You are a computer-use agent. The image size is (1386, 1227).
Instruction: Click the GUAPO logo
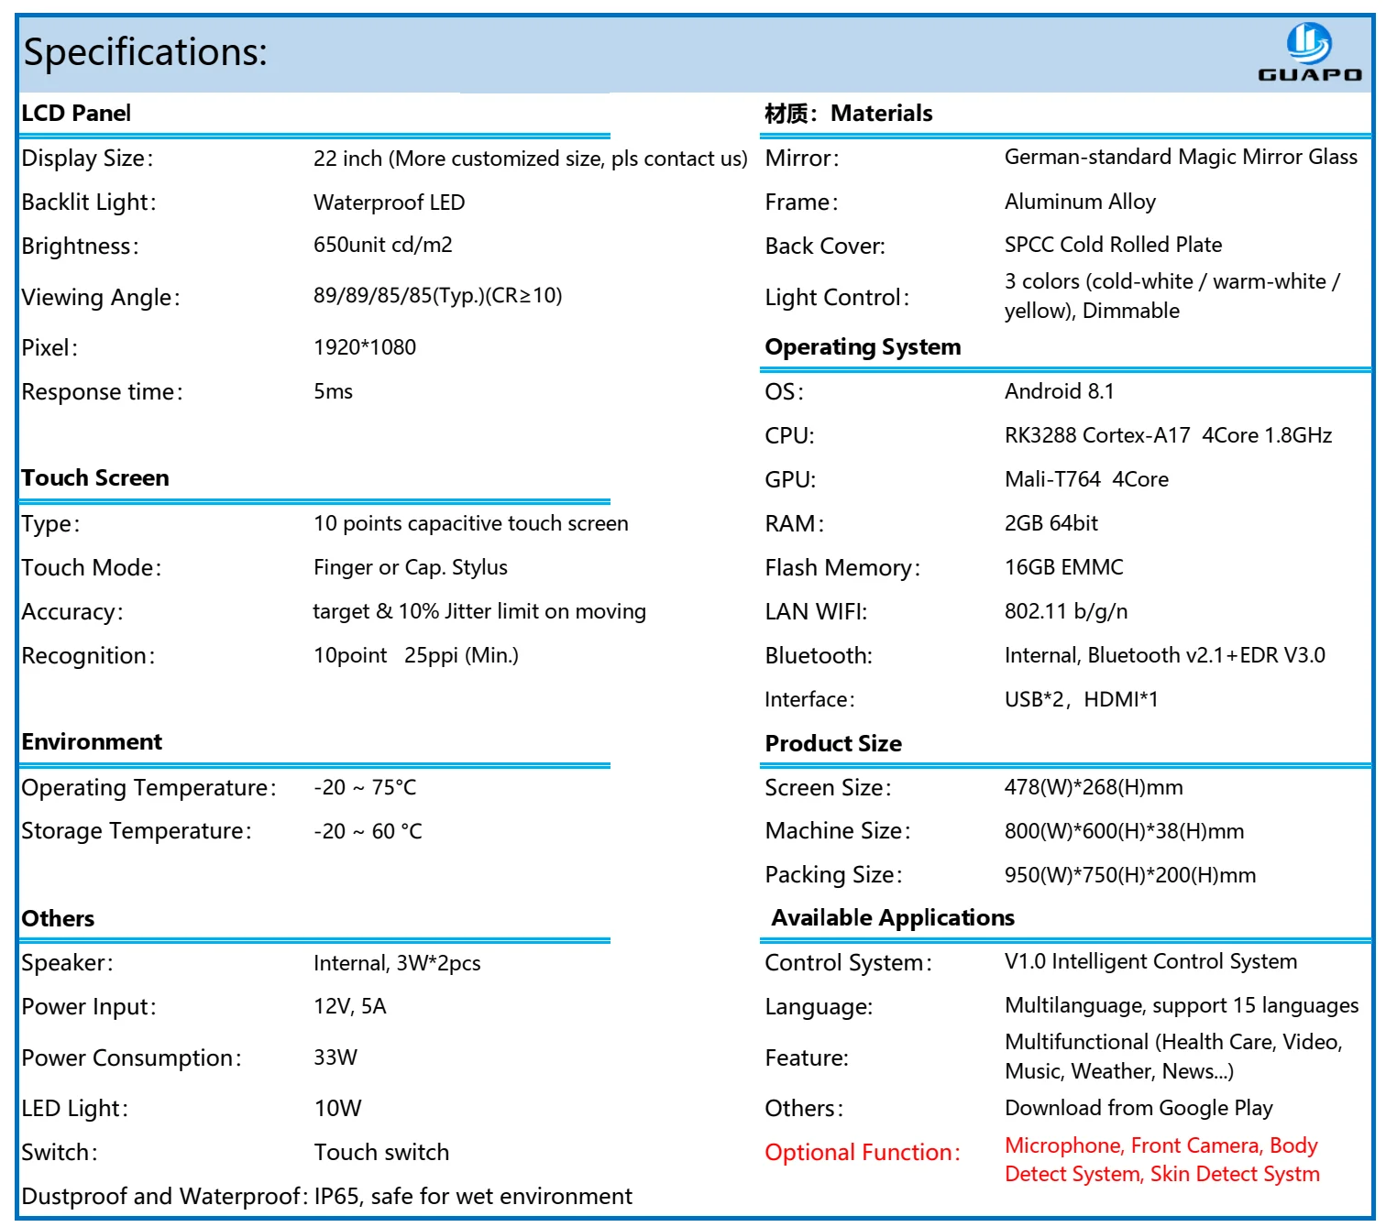tap(1309, 52)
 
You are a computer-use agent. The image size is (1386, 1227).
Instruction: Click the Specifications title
tap(145, 52)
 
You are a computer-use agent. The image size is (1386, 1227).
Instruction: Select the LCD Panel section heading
tap(76, 114)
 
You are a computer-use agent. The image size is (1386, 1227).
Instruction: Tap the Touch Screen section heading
tap(95, 478)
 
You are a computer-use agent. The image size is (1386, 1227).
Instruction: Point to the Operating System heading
tap(863, 347)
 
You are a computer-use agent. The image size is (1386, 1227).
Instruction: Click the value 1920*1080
tap(365, 347)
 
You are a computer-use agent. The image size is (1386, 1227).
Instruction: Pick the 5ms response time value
tap(333, 391)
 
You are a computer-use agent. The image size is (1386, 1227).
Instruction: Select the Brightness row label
tap(80, 246)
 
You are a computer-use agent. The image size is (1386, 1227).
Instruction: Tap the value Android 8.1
tap(1059, 391)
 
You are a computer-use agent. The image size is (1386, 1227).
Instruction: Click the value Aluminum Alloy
tap(1080, 202)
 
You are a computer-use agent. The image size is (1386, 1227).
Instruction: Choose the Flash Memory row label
tap(842, 568)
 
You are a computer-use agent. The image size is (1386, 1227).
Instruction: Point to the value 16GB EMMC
tap(1063, 567)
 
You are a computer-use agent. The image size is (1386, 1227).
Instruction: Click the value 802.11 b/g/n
tap(1066, 611)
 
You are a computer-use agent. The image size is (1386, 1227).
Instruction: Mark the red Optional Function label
tap(863, 1153)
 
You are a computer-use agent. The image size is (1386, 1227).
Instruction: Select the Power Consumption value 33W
tap(335, 1057)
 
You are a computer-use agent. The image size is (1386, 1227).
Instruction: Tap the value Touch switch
tap(381, 1153)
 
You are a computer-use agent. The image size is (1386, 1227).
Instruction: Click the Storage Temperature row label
tap(136, 831)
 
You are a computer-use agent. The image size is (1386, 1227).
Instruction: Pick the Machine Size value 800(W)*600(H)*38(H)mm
tap(1124, 831)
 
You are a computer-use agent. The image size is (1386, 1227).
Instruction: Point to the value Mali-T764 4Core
tap(1086, 479)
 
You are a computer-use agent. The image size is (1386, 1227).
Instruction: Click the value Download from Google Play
tap(1138, 1108)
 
